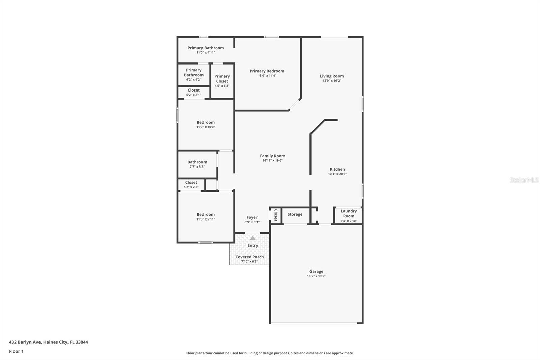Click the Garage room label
316,271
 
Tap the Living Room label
332,76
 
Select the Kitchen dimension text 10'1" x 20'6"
337,174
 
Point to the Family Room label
272,156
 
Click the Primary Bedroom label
267,71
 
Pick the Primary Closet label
222,79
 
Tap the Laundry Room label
349,213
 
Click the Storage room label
295,214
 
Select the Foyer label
252,217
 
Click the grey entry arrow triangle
253,238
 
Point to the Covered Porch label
249,257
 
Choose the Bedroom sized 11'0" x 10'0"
206,122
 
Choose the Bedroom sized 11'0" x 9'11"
206,214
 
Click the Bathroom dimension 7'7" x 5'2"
197,167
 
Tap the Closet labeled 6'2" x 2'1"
194,90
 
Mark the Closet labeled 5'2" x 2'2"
191,182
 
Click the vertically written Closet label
276,215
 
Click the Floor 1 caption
16,351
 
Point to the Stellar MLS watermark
524,180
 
